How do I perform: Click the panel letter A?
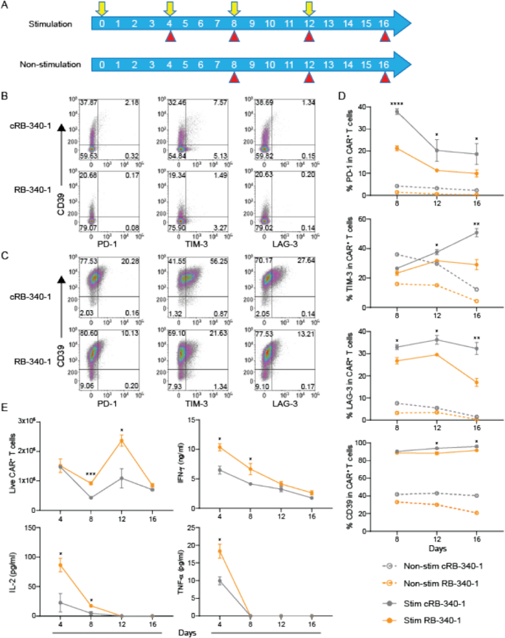tap(5, 6)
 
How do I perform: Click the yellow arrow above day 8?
tap(234, 9)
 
